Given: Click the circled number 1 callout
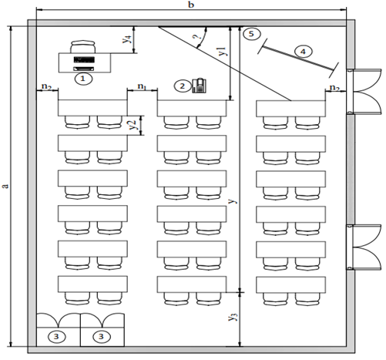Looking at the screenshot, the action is pos(83,79).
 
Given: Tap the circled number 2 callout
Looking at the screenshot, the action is pos(182,86).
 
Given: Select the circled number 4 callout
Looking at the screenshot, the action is pos(303,52).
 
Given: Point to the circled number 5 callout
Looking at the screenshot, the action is pos(251,34).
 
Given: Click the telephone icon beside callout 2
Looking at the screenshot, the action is pos(200,86).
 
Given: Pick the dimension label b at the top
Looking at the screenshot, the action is pos(191,5).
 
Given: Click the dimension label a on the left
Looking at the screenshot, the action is pos(5,186).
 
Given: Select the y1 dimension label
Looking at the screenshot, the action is pos(222,51).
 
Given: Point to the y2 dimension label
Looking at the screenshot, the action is pos(133,125).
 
